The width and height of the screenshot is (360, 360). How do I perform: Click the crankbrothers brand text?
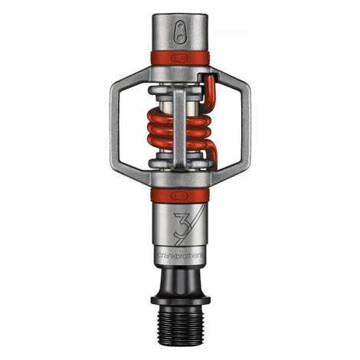(x=180, y=255)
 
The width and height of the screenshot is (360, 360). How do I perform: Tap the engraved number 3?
(x=182, y=224)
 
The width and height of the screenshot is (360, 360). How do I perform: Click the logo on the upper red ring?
(x=179, y=58)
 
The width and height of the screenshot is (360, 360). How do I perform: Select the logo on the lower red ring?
(x=179, y=195)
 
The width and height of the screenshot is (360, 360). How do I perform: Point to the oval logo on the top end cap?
(x=181, y=32)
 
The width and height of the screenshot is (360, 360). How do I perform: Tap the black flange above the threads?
(x=180, y=299)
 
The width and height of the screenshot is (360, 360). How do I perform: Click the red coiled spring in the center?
(x=180, y=129)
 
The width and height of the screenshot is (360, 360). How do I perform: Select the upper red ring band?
(x=180, y=58)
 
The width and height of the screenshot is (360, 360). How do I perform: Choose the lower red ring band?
(x=180, y=195)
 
